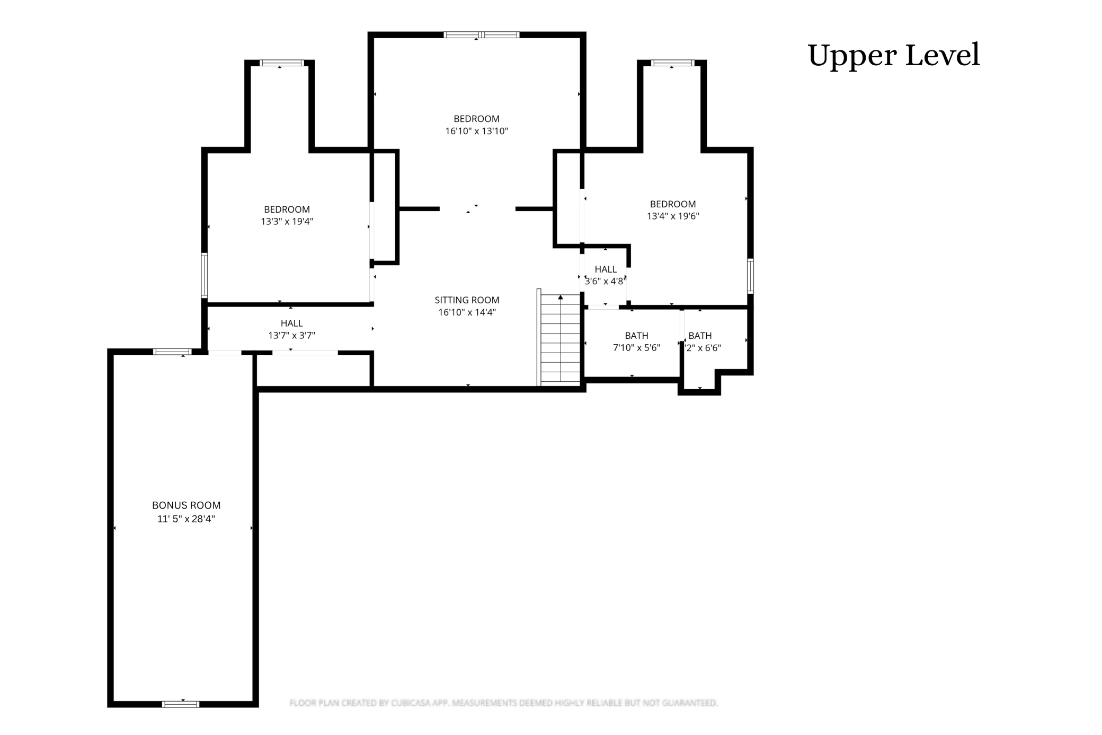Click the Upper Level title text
(893, 55)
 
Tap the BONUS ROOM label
(186, 505)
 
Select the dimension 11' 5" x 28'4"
(186, 519)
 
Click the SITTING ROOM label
(467, 300)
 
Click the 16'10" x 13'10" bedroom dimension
(476, 131)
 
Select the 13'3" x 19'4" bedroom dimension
(287, 222)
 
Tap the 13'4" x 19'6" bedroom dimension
(673, 216)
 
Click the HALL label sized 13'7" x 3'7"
(291, 323)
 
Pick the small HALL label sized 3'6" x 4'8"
(605, 269)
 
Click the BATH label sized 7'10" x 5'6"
(636, 336)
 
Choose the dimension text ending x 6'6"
(703, 348)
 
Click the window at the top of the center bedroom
(481, 35)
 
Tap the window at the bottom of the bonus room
(181, 704)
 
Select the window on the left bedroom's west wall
(204, 275)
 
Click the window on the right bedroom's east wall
(750, 276)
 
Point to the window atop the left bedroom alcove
(282, 63)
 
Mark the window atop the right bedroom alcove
(672, 63)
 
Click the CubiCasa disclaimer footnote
(503, 703)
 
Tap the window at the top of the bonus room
(172, 352)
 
